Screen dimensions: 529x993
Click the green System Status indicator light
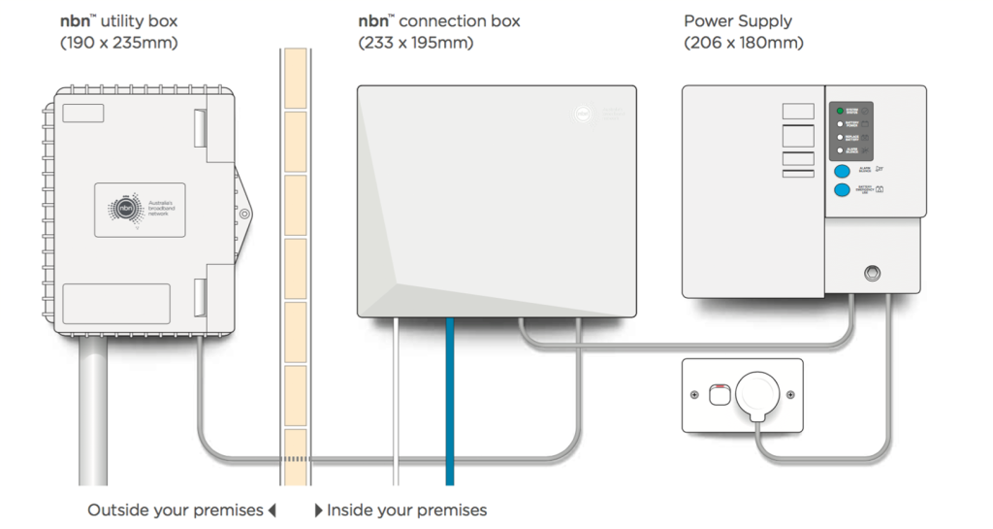pyautogui.click(x=840, y=112)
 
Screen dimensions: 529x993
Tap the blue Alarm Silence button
pyautogui.click(x=842, y=171)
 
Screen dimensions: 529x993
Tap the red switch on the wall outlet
pyautogui.click(x=719, y=393)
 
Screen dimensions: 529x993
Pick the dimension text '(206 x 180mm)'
pyautogui.click(x=744, y=43)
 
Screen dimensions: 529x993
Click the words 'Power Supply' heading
pyautogui.click(x=738, y=20)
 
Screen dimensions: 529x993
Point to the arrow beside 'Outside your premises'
pyautogui.click(x=272, y=510)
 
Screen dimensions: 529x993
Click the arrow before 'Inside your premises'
pyautogui.click(x=319, y=510)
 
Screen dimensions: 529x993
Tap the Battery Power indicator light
pyautogui.click(x=840, y=124)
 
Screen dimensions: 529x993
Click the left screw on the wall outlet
pyautogui.click(x=695, y=395)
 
